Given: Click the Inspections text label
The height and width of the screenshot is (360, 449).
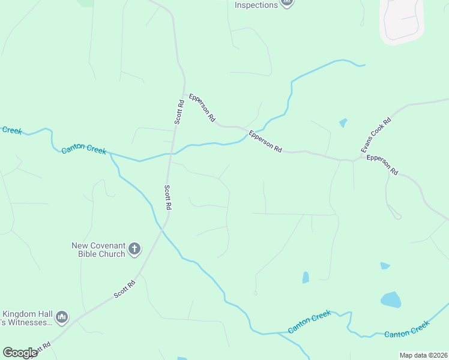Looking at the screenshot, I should coord(256,5).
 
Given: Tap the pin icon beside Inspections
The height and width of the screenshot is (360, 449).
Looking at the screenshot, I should coord(288,3).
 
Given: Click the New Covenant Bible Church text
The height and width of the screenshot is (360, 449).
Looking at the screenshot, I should coord(98,250).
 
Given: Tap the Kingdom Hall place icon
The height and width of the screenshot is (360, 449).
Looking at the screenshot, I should coord(62,317).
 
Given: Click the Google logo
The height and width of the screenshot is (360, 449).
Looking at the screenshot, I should coord(20,353).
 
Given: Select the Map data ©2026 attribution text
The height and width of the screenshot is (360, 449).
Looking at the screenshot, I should coord(423,355).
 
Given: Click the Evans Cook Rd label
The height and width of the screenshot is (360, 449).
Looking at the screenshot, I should coord(376,134).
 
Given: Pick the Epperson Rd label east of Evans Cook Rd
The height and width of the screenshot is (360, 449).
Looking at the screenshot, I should coord(382,164).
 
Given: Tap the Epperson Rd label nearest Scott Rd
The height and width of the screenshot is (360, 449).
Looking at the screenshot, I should coord(202,107).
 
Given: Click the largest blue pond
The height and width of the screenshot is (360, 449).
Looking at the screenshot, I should coord(391,299).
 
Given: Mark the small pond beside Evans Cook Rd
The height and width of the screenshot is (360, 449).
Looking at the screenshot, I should coord(343,123).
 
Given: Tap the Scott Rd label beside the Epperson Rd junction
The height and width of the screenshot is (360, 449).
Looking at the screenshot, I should coord(179,112).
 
